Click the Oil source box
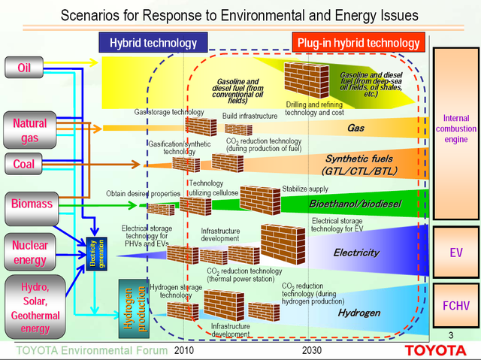click(24, 68)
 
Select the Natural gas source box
click(29, 129)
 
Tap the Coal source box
click(24, 164)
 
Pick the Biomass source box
click(29, 202)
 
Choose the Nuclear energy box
click(29, 253)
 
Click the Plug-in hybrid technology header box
click(358, 43)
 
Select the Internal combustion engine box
click(455, 129)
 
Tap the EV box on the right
click(455, 253)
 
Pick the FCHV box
click(455, 307)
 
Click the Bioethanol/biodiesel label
click(355, 204)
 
